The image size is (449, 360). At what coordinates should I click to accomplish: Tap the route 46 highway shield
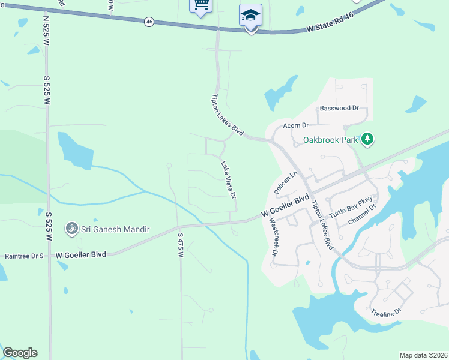[x=148, y=22]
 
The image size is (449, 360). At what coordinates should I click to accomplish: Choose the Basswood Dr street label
[x=339, y=109]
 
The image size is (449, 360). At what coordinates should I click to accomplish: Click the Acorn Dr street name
[x=295, y=125]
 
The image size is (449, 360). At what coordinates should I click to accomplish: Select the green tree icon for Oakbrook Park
[x=367, y=140]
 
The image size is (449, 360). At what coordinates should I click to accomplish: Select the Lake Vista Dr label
[x=228, y=179]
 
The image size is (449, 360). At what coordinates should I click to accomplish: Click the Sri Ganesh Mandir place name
[x=115, y=229]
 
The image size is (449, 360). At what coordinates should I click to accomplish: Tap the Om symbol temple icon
[x=72, y=229]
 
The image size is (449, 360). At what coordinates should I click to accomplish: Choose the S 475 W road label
[x=180, y=245]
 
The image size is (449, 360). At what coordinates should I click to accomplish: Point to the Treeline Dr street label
[x=385, y=313]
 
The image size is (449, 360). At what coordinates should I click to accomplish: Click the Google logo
[x=20, y=352]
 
